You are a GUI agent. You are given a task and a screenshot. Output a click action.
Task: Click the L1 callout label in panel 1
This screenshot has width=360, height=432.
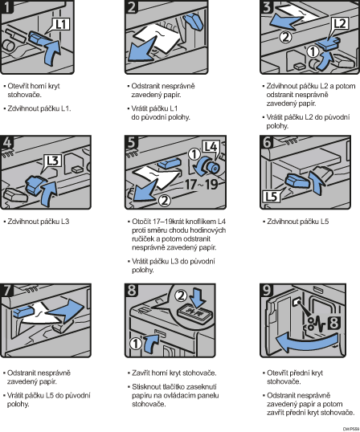pyautogui.click(x=61, y=25)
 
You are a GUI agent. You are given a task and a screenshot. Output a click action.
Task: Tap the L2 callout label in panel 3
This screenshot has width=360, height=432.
pyautogui.click(x=340, y=24)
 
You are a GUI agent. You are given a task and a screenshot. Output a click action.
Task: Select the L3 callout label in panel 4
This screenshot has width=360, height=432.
pyautogui.click(x=53, y=160)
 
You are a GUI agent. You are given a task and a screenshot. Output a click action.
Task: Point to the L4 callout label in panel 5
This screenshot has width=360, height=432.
pyautogui.click(x=211, y=147)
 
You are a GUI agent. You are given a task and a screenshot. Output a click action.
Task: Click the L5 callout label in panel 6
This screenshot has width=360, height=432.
pyautogui.click(x=272, y=196)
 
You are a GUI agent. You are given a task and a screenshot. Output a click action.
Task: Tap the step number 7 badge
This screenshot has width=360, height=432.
pyautogui.click(x=6, y=290)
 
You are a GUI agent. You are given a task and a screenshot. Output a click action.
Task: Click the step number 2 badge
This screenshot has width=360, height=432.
pyautogui.click(x=132, y=6)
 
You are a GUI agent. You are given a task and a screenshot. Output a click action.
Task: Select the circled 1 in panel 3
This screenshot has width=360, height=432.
pyautogui.click(x=313, y=51)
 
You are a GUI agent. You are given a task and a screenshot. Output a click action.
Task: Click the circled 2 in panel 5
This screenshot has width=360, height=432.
pyautogui.click(x=165, y=200)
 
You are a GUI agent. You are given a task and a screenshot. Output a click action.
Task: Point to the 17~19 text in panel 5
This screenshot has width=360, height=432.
pyautogui.click(x=201, y=185)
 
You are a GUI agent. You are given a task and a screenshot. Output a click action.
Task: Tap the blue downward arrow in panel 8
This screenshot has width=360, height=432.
pyautogui.click(x=198, y=298)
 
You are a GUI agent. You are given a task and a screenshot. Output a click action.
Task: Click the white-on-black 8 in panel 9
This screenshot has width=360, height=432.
pyautogui.click(x=333, y=323)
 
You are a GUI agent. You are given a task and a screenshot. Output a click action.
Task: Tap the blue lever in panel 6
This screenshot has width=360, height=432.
pyautogui.click(x=295, y=181)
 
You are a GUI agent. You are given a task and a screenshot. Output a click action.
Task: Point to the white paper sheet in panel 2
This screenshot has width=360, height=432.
pyautogui.click(x=158, y=38)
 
